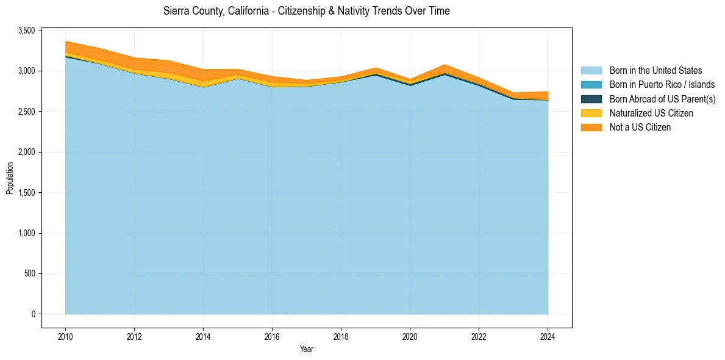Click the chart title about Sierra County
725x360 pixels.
306,11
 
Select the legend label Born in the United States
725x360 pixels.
655,71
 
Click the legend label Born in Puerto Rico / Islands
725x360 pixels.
662,85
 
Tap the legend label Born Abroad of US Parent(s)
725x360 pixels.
662,99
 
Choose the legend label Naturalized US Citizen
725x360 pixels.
651,113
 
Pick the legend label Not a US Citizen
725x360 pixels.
640,128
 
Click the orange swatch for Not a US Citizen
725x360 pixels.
591,128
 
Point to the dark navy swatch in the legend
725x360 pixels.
591,99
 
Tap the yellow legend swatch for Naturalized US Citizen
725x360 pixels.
591,113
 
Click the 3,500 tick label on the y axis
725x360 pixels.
27,31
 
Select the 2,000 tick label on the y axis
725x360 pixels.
27,152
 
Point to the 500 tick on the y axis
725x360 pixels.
30,273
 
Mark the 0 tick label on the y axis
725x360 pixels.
34,314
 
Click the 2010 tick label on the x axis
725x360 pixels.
65,336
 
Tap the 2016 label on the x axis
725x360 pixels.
272,336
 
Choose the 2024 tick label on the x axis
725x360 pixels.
548,336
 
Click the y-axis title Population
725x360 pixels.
10,178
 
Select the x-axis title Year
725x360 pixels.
306,350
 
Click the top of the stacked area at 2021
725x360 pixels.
445,65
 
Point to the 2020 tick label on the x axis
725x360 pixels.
410,336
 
